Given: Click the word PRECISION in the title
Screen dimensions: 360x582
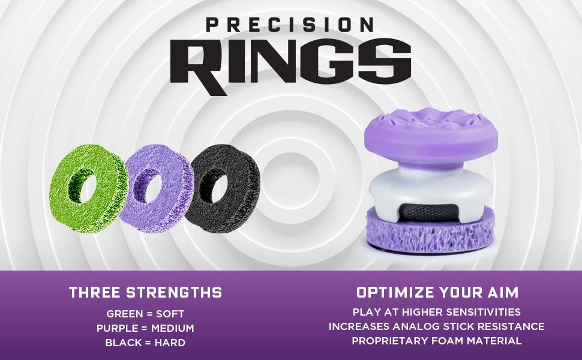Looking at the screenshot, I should (x=290, y=25).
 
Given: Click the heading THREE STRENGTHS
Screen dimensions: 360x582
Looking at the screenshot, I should (x=145, y=293).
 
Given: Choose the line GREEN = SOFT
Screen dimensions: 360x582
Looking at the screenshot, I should (x=145, y=314).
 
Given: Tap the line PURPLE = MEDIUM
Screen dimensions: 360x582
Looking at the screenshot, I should (x=145, y=328).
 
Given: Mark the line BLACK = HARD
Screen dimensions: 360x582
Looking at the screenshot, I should (x=145, y=343).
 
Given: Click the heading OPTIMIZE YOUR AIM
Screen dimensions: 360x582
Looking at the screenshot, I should (x=437, y=293).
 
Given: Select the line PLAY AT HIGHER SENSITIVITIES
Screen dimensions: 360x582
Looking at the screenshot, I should (x=437, y=312).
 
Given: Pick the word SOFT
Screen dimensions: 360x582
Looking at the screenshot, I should (x=171, y=314).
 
